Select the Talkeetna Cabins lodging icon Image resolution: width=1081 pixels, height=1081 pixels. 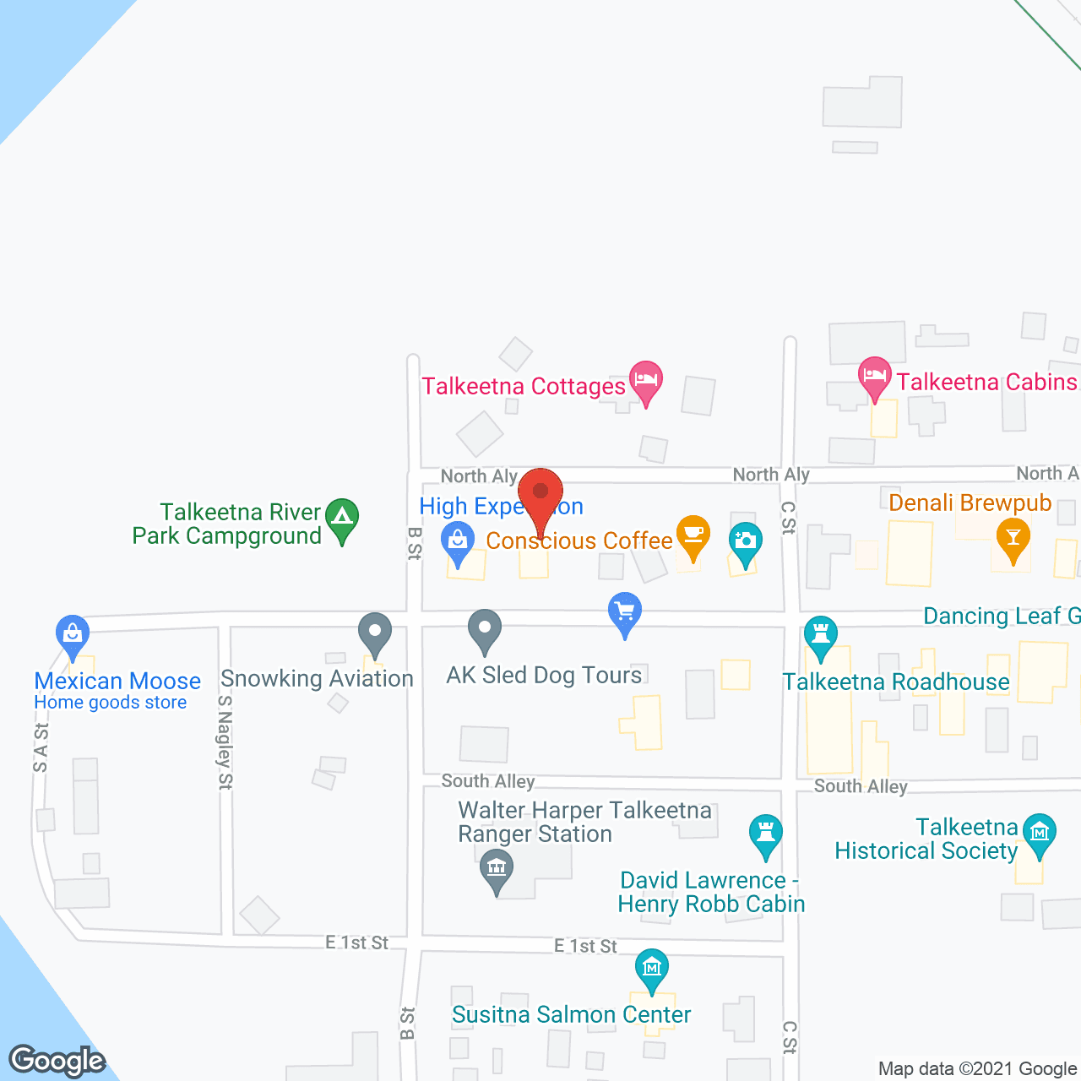(x=875, y=376)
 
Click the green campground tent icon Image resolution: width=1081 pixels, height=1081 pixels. (x=342, y=517)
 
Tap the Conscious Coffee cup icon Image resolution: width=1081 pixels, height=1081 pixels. (x=693, y=534)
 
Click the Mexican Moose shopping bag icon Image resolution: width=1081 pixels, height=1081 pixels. (x=73, y=633)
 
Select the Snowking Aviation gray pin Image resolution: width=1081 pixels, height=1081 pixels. (x=375, y=631)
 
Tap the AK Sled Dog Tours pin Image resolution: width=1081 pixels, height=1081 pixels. (x=485, y=628)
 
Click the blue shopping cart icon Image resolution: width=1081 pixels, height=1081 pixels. (x=625, y=611)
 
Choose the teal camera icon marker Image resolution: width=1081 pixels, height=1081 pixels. (x=745, y=540)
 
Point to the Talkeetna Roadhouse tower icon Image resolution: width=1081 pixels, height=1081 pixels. (x=820, y=635)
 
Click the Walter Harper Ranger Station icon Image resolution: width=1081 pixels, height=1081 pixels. (x=497, y=869)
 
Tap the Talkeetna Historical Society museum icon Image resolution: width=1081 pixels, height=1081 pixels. (x=1040, y=832)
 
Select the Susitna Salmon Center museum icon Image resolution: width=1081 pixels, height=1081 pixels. (x=652, y=968)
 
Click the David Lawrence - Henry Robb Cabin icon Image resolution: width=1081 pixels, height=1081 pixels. (x=766, y=833)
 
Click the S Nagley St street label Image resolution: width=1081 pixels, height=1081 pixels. (x=224, y=742)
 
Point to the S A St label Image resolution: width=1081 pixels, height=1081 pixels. (x=41, y=747)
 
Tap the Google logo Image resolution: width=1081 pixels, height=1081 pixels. (x=57, y=1061)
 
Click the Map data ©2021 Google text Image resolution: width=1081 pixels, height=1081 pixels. (x=978, y=1069)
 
